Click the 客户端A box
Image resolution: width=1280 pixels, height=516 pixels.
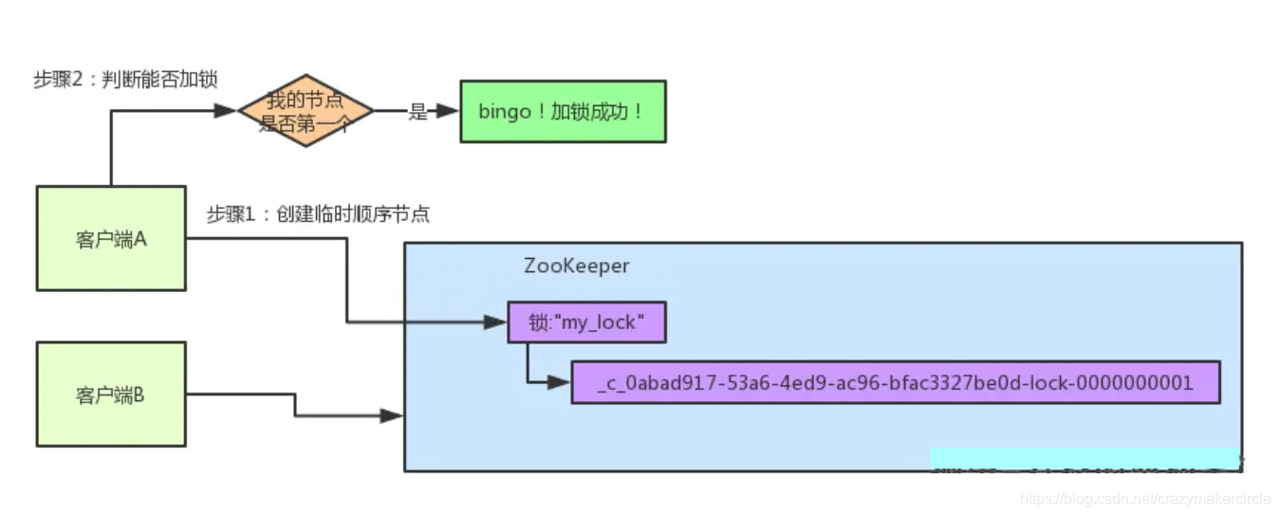(x=111, y=238)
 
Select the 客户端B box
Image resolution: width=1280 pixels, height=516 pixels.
(x=111, y=395)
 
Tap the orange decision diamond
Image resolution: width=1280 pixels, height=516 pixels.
(x=306, y=111)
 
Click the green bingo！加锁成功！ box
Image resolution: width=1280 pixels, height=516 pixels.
(x=562, y=111)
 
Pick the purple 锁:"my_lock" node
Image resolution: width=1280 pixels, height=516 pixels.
(x=586, y=322)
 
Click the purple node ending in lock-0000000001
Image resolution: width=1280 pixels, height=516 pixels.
(x=895, y=382)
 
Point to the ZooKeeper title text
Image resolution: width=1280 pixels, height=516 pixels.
(x=576, y=266)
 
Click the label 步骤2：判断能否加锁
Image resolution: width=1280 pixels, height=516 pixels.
(x=126, y=80)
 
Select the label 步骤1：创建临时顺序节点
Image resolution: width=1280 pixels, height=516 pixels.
(x=318, y=214)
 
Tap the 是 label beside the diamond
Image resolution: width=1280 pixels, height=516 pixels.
(x=417, y=112)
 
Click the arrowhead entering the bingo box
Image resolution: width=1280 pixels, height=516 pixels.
(x=448, y=111)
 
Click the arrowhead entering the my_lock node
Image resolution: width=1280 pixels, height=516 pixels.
(x=496, y=322)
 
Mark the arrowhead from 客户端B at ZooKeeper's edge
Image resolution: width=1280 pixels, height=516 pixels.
(x=392, y=415)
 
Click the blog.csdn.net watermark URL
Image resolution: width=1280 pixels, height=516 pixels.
(x=1145, y=499)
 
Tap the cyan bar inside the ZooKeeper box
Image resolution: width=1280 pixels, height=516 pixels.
(x=1084, y=458)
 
